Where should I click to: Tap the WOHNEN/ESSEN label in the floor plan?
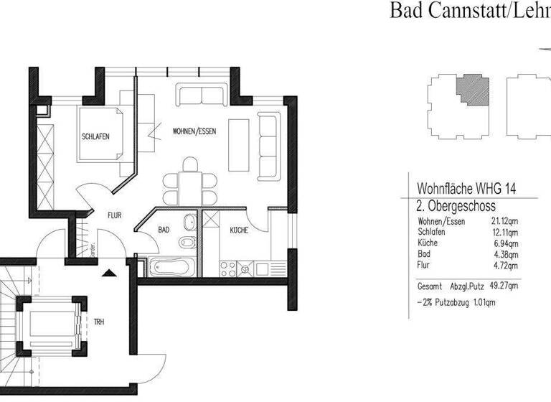[194, 132]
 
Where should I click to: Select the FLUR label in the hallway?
[115, 215]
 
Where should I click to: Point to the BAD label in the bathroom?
[164, 231]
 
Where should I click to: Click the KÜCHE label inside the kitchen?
[239, 231]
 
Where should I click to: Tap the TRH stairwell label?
[99, 322]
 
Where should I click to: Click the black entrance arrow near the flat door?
[108, 273]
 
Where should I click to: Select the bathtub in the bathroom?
[171, 268]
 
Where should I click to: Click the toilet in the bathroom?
[188, 243]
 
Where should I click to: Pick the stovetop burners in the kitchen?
[228, 268]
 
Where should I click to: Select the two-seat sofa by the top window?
[202, 95]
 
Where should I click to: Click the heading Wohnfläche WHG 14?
[467, 190]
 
